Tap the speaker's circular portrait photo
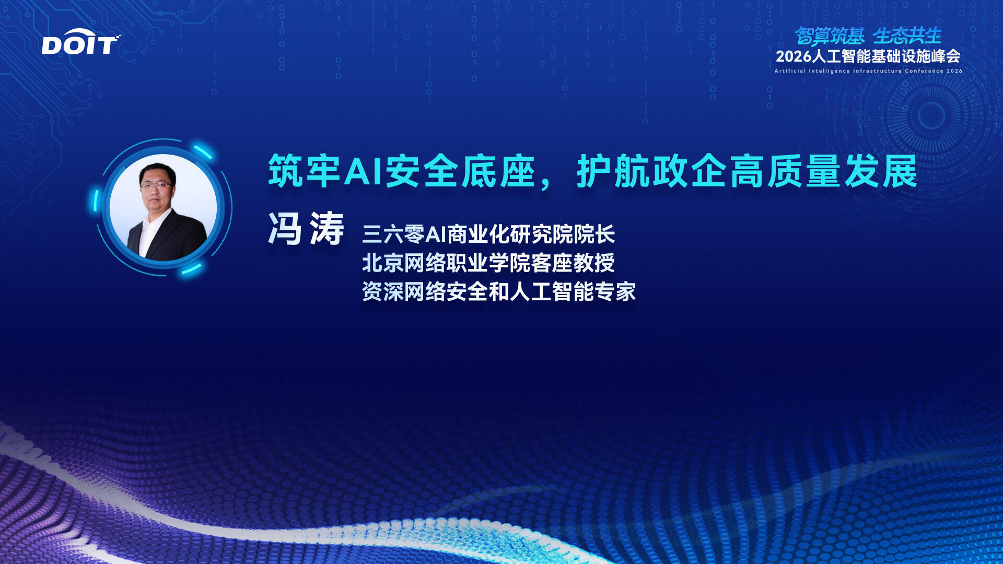(163, 207)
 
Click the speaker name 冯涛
(306, 229)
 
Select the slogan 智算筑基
(829, 36)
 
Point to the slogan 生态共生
(907, 36)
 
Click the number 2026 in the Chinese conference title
(794, 56)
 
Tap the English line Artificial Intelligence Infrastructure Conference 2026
(868, 71)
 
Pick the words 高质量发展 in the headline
(824, 171)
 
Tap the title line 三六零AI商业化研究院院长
(488, 234)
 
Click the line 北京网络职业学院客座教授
(488, 263)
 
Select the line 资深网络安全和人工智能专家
(499, 291)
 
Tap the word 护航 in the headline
(614, 171)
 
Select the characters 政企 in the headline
(691, 171)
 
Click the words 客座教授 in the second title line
(573, 263)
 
